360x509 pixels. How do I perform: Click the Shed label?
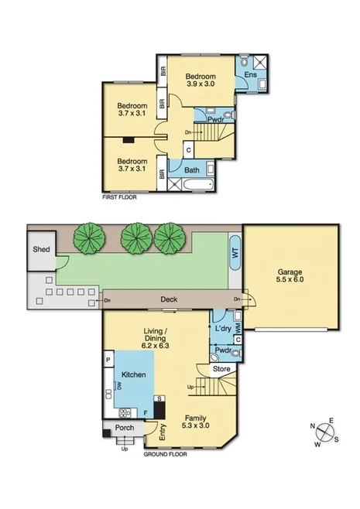40,250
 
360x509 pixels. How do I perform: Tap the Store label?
223,369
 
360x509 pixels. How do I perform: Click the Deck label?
169,299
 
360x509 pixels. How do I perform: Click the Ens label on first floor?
251,75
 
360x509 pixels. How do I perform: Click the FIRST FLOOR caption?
122,198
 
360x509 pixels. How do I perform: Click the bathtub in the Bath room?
192,184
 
